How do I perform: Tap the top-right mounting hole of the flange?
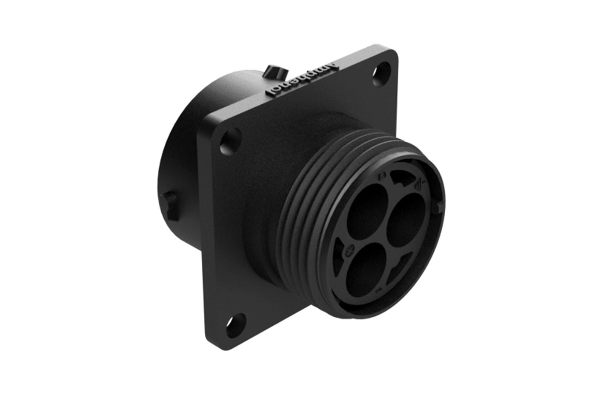pos(383,71)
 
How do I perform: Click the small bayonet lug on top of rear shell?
pos(271,71)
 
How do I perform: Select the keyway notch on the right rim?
pos(439,207)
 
